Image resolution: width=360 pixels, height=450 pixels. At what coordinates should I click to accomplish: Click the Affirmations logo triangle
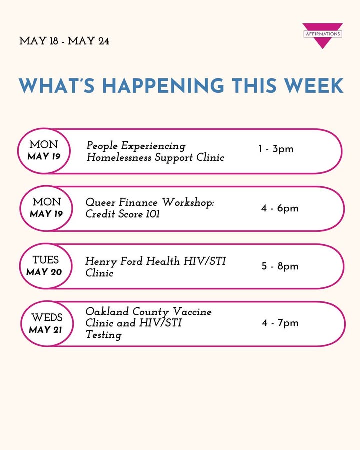coord(322,36)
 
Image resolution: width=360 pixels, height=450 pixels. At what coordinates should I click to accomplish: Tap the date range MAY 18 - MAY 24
coord(64,41)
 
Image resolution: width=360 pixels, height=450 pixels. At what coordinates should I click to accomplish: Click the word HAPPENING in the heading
coord(163,86)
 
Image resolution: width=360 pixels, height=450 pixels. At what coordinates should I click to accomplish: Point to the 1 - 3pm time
coord(276,149)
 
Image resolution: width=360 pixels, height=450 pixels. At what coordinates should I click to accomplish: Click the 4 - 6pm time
coord(280,208)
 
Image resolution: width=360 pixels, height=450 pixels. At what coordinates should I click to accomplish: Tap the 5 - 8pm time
coord(280,266)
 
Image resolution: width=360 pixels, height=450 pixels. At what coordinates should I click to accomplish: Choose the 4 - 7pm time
coord(280,323)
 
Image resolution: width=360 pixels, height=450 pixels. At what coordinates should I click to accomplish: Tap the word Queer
coord(100,203)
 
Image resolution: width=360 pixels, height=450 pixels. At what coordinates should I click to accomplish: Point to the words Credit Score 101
coord(122,214)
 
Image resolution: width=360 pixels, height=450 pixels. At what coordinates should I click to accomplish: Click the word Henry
coord(101,261)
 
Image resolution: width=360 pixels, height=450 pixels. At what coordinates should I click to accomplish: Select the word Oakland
coord(107,311)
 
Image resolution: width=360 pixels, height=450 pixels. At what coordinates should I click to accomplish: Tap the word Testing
coord(104,335)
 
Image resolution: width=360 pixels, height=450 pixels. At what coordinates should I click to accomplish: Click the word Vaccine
coord(192,311)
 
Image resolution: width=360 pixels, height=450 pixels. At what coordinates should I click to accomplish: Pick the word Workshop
coord(188,203)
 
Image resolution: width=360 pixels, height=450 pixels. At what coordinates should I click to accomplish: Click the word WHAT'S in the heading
coord(57,86)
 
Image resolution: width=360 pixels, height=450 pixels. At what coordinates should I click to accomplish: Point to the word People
coord(102,146)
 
